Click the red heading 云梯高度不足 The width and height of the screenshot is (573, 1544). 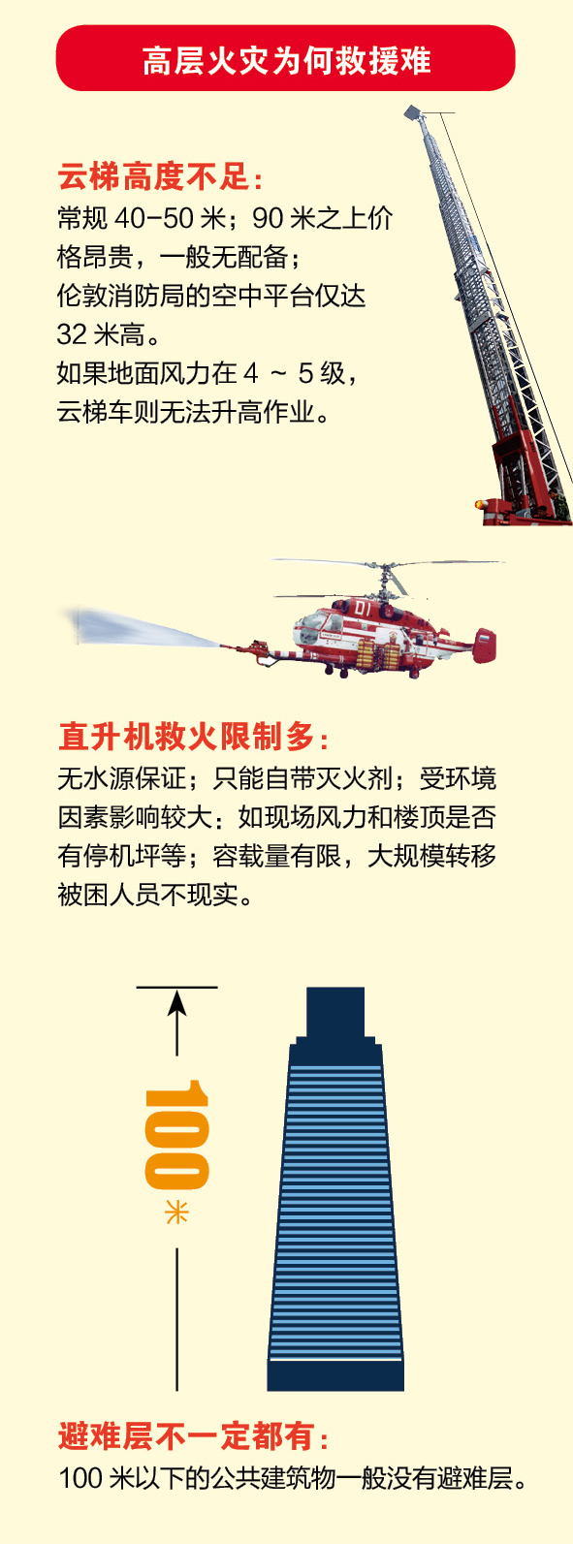[153, 177]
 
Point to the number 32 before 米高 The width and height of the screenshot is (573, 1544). [72, 335]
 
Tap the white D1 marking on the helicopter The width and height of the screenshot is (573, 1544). [363, 609]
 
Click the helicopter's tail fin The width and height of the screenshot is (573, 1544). [484, 646]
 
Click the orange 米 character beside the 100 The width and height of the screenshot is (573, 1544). [176, 1212]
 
